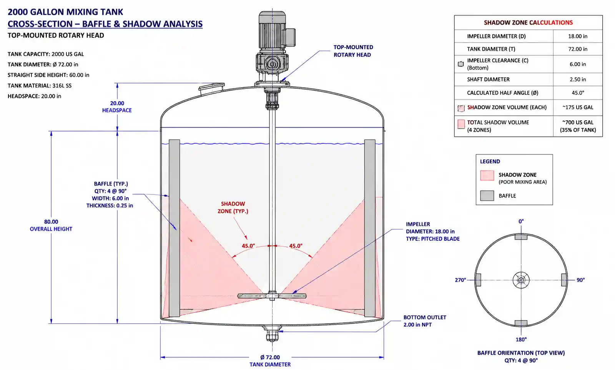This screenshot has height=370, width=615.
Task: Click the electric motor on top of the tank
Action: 274,30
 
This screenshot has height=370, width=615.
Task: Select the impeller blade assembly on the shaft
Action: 272,295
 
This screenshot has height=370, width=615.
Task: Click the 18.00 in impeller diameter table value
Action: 578,36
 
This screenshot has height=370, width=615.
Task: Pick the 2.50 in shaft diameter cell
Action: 578,79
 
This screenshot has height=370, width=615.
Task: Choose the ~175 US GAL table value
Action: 578,107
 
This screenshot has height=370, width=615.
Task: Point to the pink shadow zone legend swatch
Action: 487,175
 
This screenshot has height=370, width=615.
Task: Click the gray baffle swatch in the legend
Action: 487,196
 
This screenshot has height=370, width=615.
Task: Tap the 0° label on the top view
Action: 521,221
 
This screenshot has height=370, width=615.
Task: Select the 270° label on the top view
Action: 460,280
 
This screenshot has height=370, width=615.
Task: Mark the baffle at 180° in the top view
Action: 521,323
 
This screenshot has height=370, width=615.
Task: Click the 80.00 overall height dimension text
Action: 51,222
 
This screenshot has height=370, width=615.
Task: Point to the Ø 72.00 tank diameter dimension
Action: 270,357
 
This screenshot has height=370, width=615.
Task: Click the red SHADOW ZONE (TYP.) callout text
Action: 233,207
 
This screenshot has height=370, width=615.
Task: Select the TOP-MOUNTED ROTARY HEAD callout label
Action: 353,51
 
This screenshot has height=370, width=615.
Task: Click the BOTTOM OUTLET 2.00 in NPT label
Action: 425,321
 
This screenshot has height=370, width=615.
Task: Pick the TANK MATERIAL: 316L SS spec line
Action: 40,86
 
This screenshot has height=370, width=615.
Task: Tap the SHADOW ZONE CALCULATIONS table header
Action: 528,23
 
